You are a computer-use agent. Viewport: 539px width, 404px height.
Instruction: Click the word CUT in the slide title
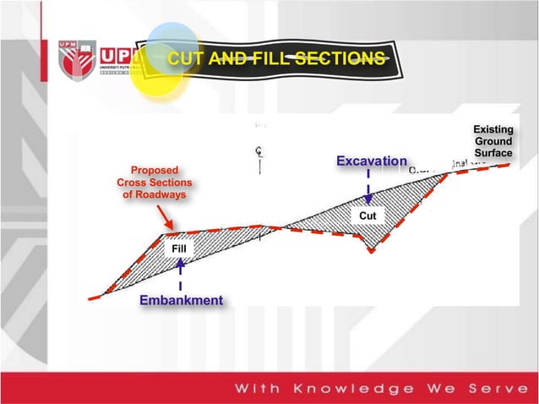tap(184, 58)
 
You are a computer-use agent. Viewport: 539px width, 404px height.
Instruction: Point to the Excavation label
tap(372, 161)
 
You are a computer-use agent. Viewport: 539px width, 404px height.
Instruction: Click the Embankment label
tap(182, 300)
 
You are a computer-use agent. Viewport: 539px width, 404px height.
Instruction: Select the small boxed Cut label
tap(367, 216)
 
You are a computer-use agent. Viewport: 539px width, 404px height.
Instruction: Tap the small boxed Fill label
tap(178, 249)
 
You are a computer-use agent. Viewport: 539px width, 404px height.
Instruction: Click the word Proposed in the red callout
tap(154, 171)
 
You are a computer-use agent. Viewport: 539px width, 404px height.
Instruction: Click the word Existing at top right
tap(493, 129)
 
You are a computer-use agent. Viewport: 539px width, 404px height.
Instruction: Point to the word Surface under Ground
tap(493, 153)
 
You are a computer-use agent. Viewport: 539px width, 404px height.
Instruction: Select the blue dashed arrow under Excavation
tap(368, 186)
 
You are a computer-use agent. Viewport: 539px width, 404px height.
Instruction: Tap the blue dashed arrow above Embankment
tap(180, 275)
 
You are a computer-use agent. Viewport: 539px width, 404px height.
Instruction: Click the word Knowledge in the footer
tap(354, 388)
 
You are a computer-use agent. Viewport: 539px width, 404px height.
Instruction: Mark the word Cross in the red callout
tap(132, 183)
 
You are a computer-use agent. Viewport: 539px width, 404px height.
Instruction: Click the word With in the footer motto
tap(257, 388)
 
